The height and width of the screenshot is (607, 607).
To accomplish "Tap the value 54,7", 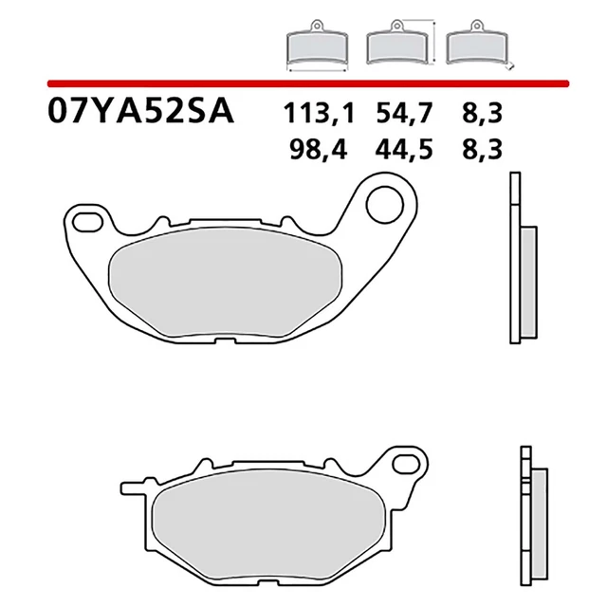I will point(396,116).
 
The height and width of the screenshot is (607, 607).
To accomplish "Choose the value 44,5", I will point(396,149).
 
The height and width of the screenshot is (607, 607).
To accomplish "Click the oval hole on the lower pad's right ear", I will point(407,466).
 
